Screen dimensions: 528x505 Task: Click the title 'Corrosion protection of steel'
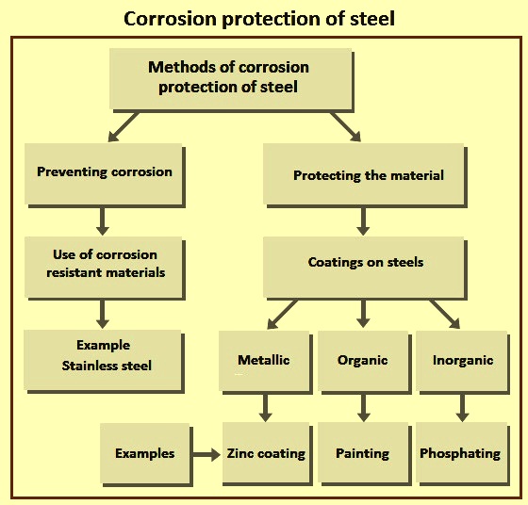(259, 19)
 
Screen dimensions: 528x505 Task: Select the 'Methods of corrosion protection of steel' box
(231, 79)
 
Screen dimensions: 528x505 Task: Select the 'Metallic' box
(264, 361)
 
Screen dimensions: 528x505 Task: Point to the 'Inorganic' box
(462, 361)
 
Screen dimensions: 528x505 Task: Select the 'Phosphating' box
(462, 453)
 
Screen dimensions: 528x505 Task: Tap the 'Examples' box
(145, 453)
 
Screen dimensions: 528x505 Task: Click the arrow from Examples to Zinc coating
(206, 454)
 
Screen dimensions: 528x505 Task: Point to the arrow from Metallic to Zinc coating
(266, 408)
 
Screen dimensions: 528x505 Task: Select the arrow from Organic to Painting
(363, 408)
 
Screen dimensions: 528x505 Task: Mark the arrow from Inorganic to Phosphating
(462, 408)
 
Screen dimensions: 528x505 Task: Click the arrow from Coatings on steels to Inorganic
(445, 315)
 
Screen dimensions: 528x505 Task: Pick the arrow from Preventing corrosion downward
(103, 221)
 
